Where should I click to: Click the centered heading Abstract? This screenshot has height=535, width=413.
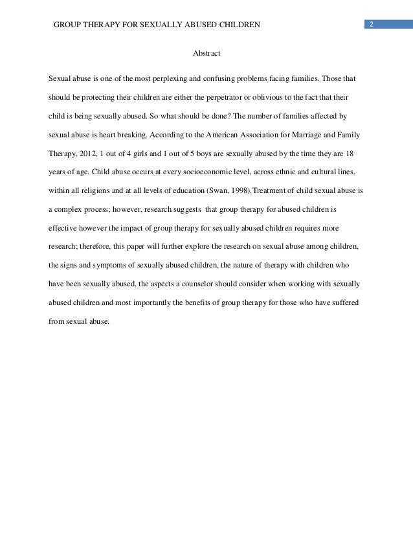[206, 53]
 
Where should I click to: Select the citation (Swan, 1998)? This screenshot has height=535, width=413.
[233, 191]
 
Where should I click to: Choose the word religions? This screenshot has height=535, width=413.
[95, 191]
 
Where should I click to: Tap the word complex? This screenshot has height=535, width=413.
[71, 210]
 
